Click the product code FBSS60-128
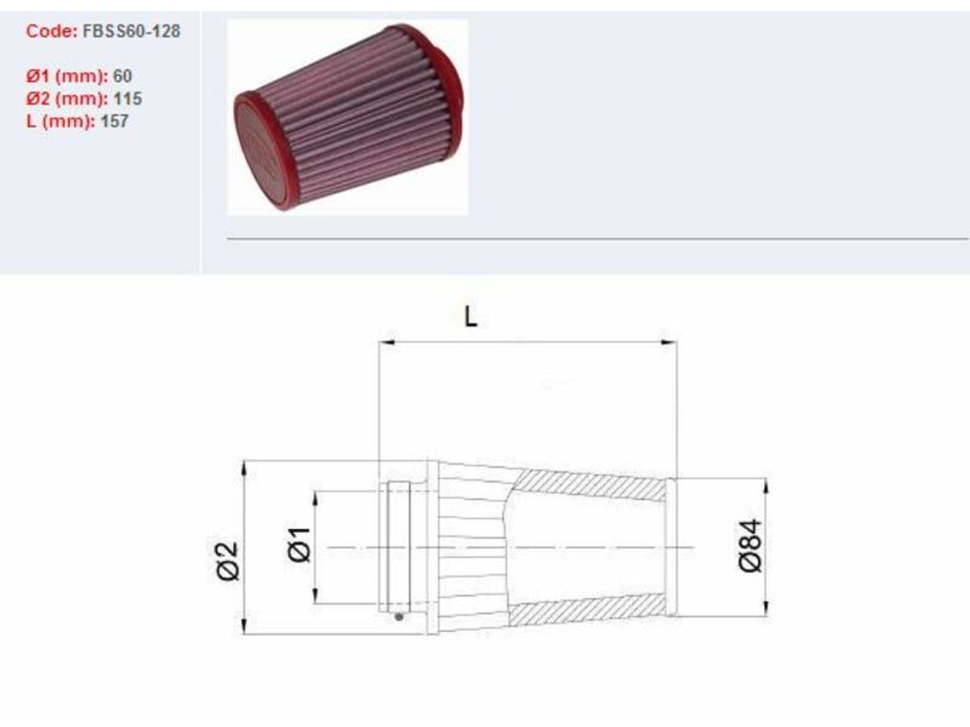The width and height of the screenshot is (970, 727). click(x=131, y=31)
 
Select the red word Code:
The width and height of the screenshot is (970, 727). click(x=51, y=31)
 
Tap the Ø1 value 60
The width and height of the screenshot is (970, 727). click(x=123, y=76)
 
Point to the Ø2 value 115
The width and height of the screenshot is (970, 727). click(x=128, y=99)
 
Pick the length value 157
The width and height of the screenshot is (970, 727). click(x=115, y=121)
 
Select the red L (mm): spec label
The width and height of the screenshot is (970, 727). click(x=60, y=121)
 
